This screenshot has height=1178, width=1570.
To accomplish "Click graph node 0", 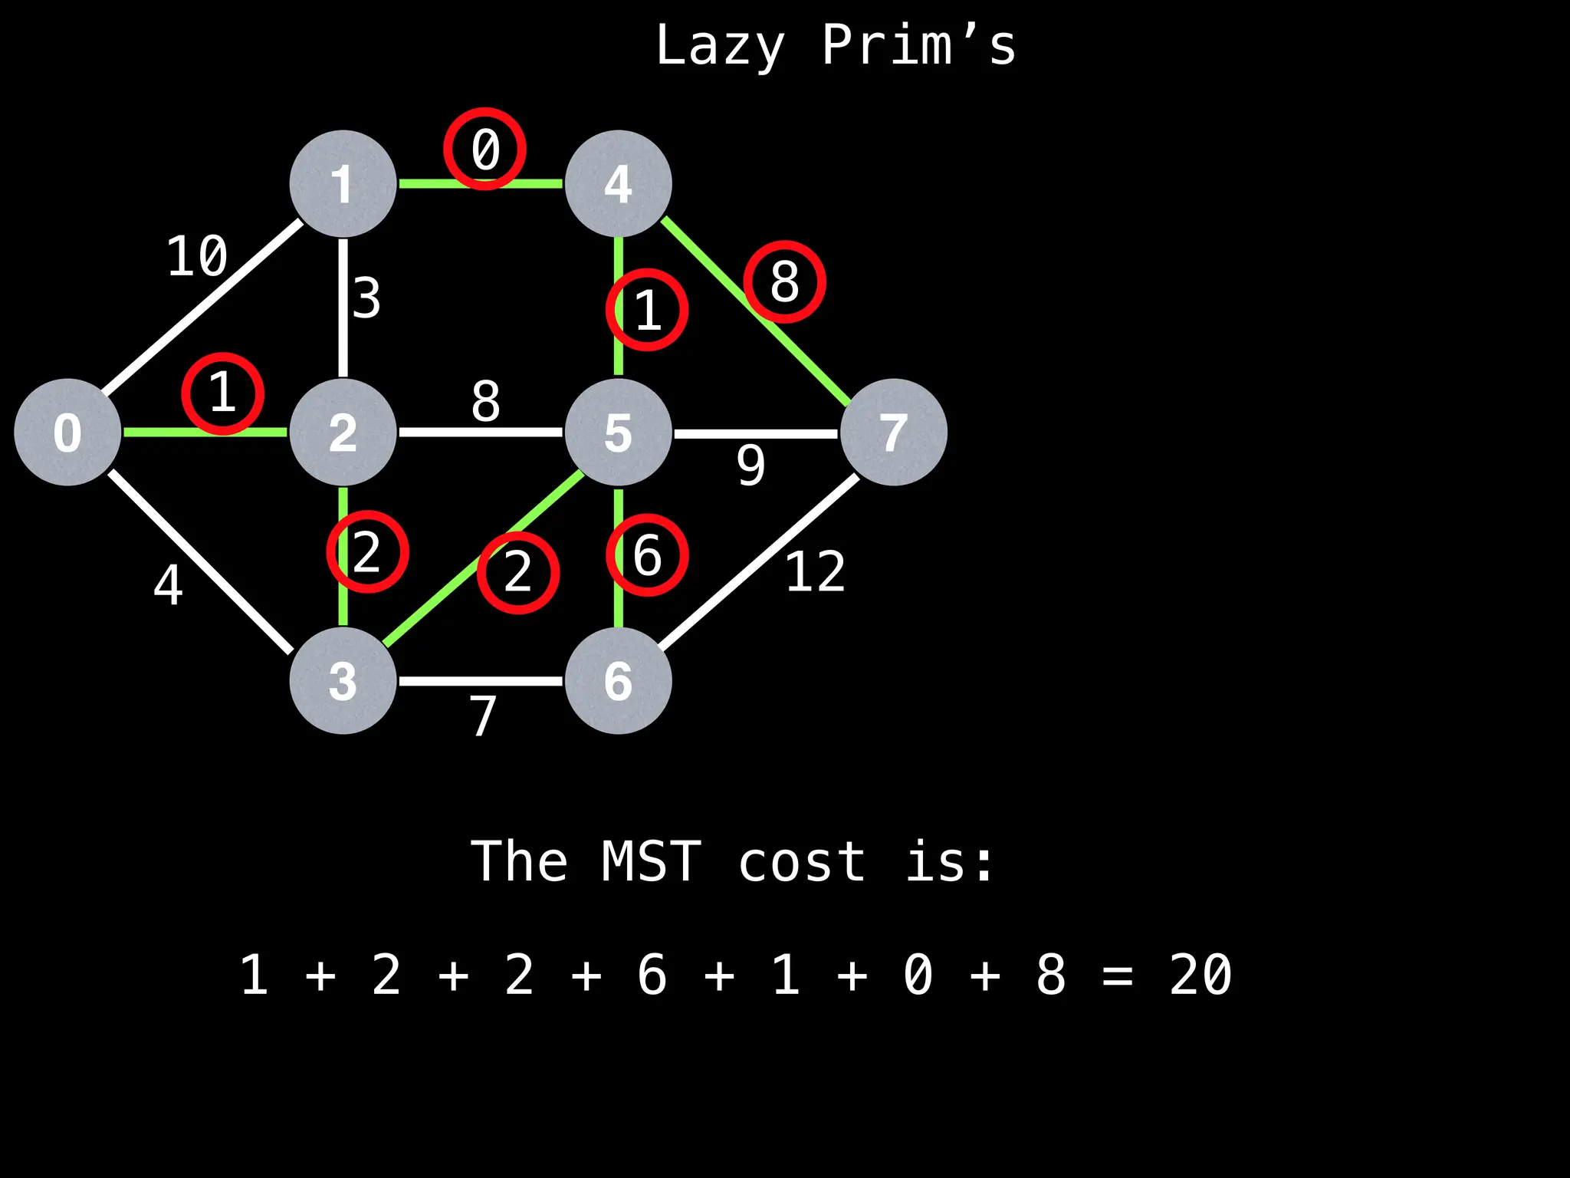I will coord(67,432).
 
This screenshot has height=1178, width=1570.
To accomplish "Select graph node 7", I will coord(893,432).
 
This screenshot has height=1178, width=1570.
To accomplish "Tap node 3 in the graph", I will coord(343,680).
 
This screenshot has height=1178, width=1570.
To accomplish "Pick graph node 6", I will coord(618,680).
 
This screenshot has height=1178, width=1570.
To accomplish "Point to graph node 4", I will coord(618,184).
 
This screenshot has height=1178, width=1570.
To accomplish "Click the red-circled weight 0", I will coord(484,149).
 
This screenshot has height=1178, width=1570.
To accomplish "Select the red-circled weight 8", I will coord(784,281).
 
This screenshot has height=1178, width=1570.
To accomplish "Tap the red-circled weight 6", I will coord(647,554).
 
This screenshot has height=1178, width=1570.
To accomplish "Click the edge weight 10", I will coord(197,256).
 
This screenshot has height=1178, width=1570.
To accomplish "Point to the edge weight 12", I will coord(815,571).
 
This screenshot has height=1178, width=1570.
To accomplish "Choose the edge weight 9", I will coord(751,465).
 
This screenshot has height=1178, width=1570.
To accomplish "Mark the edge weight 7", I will coord(483,716).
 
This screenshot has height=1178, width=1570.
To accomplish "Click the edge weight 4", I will coord(168,585).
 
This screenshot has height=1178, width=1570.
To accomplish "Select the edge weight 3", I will coord(366,298).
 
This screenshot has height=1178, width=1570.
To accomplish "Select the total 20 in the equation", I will coord(1200,976).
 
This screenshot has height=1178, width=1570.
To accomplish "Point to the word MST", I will coord(652,862).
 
